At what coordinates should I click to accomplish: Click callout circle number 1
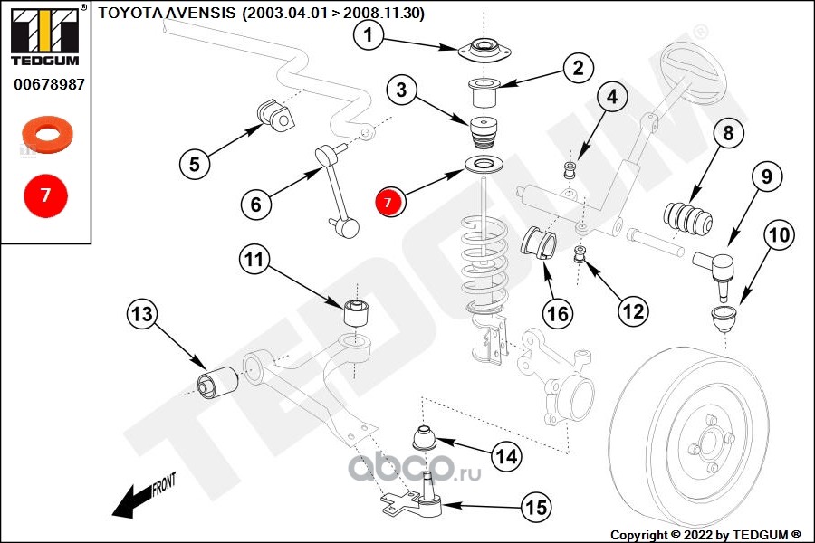point(368,35)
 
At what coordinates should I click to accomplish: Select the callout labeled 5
point(195,164)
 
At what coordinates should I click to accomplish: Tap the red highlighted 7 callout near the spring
point(388,202)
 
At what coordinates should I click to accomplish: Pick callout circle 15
point(537,509)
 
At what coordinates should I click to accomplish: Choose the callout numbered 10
point(778,236)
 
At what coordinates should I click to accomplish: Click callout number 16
point(558,314)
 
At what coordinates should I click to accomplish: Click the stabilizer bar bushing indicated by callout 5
point(274,113)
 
